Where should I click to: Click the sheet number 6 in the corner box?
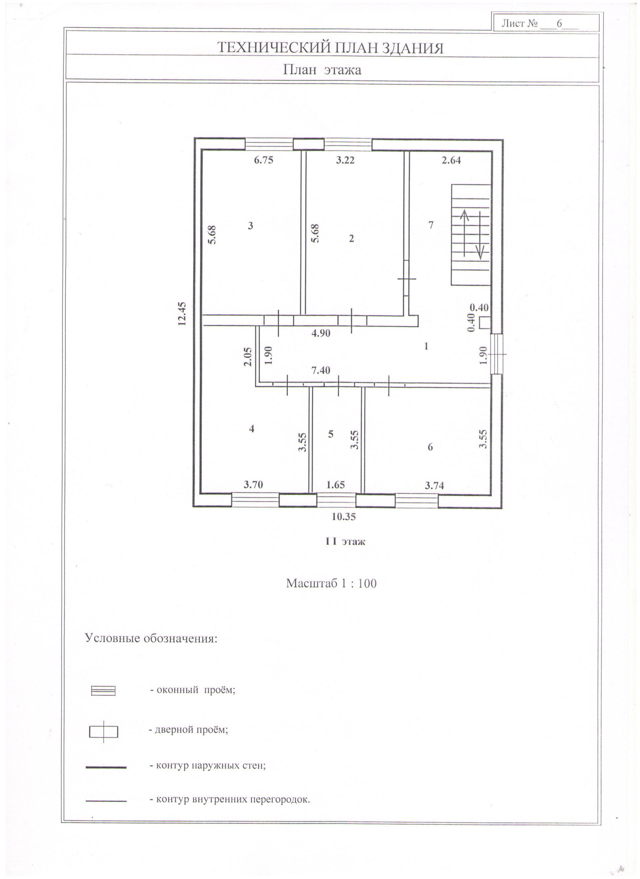pos(559,23)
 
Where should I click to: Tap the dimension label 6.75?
pos(263,160)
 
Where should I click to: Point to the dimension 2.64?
pos(451,160)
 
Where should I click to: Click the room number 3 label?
pos(251,225)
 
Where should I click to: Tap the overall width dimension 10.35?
pos(343,517)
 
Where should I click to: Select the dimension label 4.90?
pos(321,333)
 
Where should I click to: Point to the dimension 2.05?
pos(248,356)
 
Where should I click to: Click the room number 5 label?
pos(330,434)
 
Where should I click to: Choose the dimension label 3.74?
pos(434,485)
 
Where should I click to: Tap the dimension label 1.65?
pos(335,485)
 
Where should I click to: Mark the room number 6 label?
pos(430,447)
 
